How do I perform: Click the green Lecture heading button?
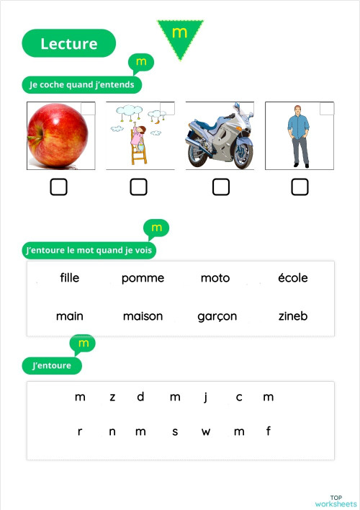[x=69, y=43]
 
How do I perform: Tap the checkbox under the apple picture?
[x=59, y=187]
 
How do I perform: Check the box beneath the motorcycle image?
[x=221, y=187]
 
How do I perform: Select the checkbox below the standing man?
[x=300, y=187]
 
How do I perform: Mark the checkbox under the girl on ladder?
[x=138, y=187]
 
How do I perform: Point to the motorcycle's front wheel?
[x=242, y=153]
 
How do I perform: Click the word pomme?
[x=143, y=278]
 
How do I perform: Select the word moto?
[x=215, y=278]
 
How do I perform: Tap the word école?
[x=293, y=278]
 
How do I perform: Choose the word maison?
[x=143, y=316]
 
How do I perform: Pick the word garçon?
[x=217, y=316]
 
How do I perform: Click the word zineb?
[x=293, y=316]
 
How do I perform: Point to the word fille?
[x=70, y=278]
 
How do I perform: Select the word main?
[x=70, y=316]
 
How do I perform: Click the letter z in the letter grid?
[x=112, y=397]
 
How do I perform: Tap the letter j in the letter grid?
[x=206, y=397]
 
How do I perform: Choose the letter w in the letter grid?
[x=206, y=432]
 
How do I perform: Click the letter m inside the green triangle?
[x=180, y=33]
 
